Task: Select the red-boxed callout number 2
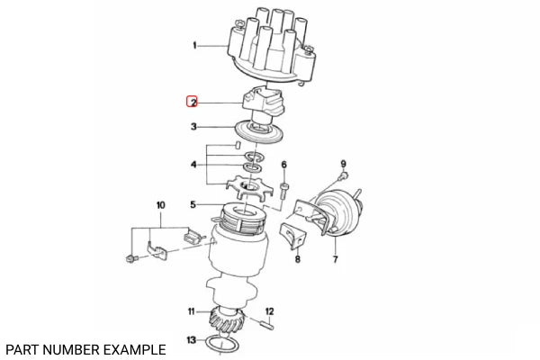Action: tap(193, 102)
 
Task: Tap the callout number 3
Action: tap(193, 128)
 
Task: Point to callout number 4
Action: tap(193, 165)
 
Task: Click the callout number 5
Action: tap(193, 204)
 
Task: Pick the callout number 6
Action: tap(283, 165)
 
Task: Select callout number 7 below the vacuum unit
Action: tap(335, 260)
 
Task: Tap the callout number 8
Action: tap(297, 260)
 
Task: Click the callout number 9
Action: tap(343, 163)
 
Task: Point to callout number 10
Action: tap(161, 205)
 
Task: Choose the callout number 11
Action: tap(191, 311)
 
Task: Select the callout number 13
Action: tap(191, 339)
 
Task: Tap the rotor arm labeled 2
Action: tap(262, 104)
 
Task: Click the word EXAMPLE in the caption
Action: tap(134, 348)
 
